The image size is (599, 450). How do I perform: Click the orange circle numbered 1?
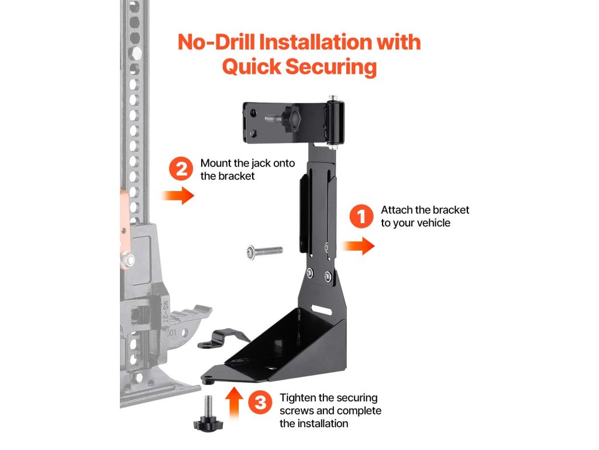361,216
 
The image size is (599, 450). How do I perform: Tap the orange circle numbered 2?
181,169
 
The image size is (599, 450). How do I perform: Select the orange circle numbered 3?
260,403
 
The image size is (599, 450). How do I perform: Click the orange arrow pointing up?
234,403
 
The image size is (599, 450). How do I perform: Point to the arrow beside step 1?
358,246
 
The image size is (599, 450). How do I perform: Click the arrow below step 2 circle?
178,196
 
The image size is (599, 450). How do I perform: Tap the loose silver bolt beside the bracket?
265,252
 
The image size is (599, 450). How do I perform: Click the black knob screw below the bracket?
208,415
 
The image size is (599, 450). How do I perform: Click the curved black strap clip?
223,338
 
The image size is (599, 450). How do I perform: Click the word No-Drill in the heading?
216,42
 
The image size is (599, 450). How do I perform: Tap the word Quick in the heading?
252,67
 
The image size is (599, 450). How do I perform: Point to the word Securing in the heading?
331,67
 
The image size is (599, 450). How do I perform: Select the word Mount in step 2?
216,163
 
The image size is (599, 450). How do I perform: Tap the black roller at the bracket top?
335,122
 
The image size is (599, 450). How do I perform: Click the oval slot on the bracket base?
321,309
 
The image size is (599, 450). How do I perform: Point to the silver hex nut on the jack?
127,260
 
